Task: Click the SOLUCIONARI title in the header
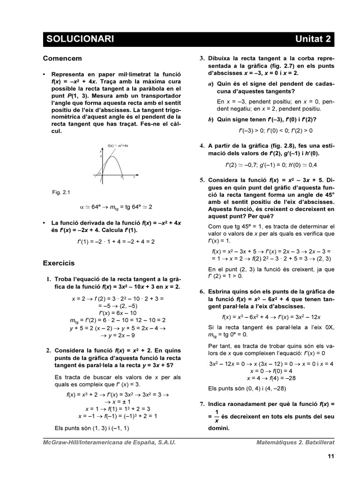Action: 80,39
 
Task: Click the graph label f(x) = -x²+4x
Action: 118,146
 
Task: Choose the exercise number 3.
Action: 202,59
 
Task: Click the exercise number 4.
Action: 202,146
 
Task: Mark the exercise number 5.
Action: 202,180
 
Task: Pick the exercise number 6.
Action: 202,291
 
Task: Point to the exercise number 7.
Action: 202,404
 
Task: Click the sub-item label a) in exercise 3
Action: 210,84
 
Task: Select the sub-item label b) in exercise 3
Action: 210,119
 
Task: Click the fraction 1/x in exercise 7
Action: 217,416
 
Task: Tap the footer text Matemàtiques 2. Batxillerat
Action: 296,442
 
